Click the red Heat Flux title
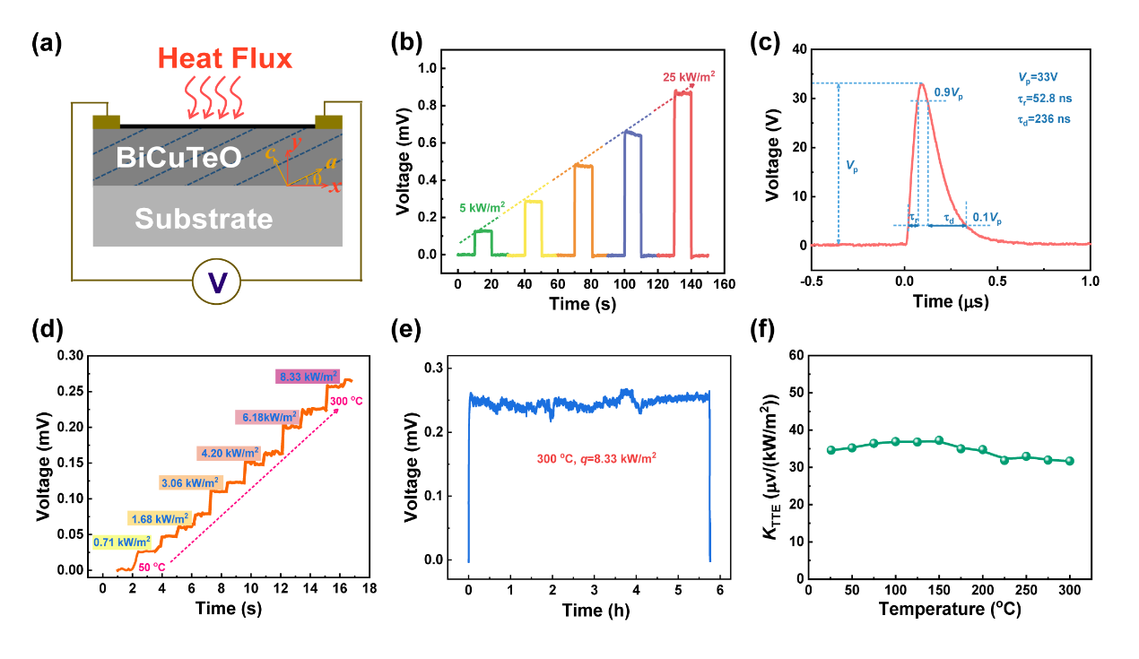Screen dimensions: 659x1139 pyautogui.click(x=225, y=59)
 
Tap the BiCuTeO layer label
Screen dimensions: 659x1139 pyautogui.click(x=178, y=160)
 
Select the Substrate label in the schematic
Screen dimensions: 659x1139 pyautogui.click(x=204, y=219)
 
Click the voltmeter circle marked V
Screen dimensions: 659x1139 pyautogui.click(x=217, y=283)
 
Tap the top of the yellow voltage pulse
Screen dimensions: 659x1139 pyautogui.click(x=533, y=201)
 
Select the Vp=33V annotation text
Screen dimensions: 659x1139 pyautogui.click(x=1019, y=78)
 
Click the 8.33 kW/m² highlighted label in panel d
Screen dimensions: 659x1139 pyautogui.click(x=308, y=376)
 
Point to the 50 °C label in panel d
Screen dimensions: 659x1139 pyautogui.click(x=152, y=567)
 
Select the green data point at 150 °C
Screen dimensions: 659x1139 pyautogui.click(x=939, y=440)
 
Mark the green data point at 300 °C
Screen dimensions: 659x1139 pyautogui.click(x=1069, y=461)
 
